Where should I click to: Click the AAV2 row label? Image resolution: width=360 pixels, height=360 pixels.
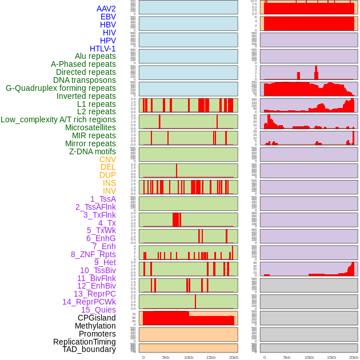[106, 9]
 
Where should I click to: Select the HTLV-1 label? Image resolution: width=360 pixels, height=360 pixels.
[103, 49]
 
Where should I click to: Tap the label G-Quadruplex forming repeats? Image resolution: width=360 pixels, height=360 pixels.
[61, 89]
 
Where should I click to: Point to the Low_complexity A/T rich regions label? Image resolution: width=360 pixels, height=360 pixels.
[58, 119]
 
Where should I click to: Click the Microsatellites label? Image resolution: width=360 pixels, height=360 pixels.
[90, 127]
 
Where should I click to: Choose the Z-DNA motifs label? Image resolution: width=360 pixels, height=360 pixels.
[93, 151]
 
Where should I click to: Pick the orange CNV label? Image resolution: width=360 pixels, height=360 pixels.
[107, 159]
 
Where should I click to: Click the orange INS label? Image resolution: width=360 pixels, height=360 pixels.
[109, 183]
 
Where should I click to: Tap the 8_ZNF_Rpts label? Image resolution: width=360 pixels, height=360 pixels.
[93, 254]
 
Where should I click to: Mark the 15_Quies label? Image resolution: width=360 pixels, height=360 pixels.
[98, 310]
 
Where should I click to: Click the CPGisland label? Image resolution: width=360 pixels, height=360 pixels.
[97, 318]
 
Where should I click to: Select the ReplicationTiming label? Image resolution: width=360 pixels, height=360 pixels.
[85, 342]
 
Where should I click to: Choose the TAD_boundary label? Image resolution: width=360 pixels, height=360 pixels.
[89, 349]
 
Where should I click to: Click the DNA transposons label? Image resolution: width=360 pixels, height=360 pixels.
[85, 80]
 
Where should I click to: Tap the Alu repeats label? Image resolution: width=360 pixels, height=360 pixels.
[95, 57]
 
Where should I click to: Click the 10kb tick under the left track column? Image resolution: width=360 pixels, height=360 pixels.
[189, 357]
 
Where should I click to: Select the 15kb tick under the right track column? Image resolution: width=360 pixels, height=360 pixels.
[331, 357]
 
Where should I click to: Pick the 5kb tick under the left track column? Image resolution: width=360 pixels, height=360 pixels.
[166, 357]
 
